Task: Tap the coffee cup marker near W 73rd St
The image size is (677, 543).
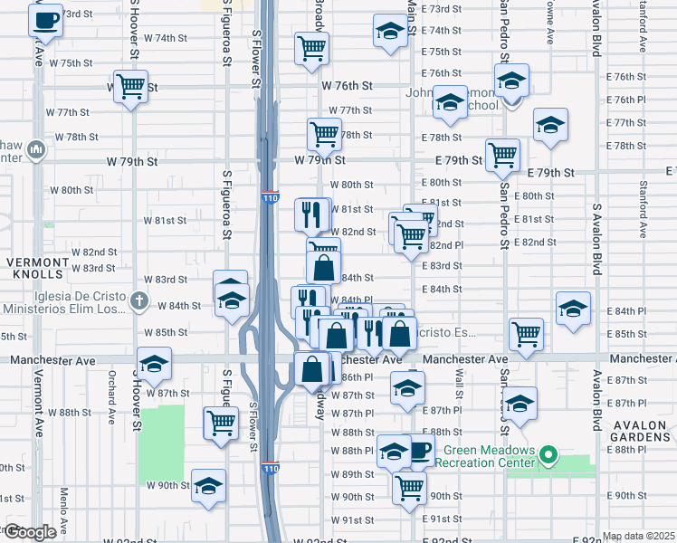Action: [45, 20]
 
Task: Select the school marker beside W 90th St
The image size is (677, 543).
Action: [208, 487]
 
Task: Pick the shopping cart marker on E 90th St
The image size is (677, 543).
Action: [410, 487]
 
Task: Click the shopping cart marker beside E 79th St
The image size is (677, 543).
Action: [502, 155]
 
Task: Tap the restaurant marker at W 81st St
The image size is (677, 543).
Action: [310, 214]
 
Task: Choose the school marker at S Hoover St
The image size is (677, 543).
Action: [155, 364]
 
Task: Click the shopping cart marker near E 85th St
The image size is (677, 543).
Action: [526, 335]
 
